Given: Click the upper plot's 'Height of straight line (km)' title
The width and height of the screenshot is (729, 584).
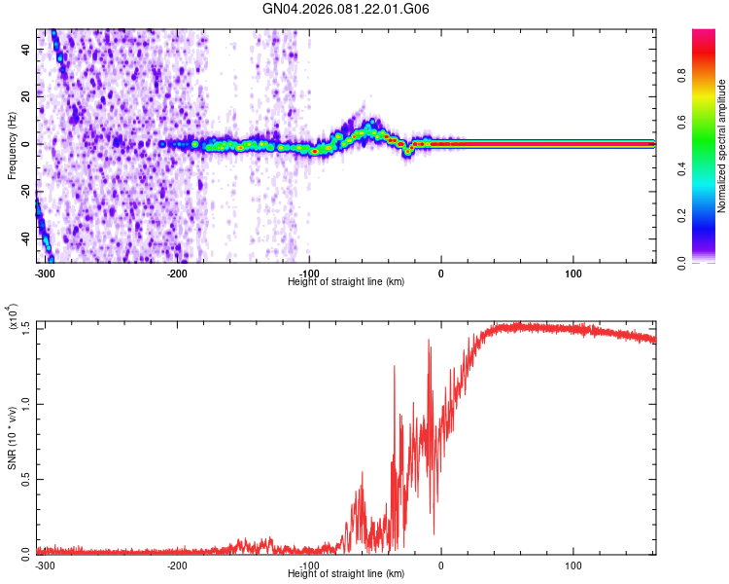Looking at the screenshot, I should click(x=346, y=281).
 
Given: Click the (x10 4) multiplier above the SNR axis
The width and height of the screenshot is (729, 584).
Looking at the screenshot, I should click(x=14, y=317).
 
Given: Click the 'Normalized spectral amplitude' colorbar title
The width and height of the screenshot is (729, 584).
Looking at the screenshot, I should click(x=722, y=146).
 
